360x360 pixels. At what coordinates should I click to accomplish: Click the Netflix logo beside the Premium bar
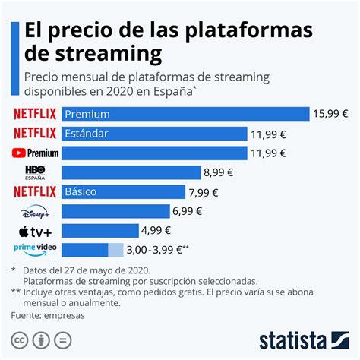[x=35, y=114]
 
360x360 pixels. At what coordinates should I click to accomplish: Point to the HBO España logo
[x=36, y=172]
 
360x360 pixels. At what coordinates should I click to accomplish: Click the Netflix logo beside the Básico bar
[x=35, y=191]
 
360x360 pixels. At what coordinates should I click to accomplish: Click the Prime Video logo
[x=36, y=249]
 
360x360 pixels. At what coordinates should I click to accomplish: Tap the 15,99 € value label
[x=331, y=114]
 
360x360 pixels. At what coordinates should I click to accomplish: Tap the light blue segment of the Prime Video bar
[x=115, y=250]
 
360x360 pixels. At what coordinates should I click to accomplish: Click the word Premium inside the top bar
[x=87, y=114]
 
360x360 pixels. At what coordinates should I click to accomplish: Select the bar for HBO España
[x=130, y=172]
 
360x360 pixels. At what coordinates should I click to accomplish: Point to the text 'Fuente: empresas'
[x=48, y=314]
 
